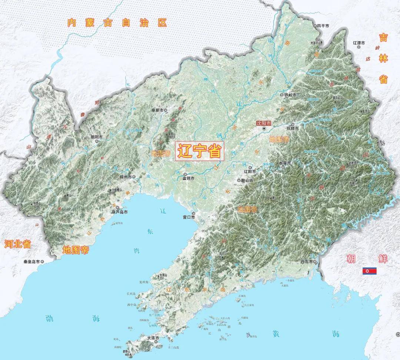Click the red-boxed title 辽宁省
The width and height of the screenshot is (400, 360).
coord(200,151)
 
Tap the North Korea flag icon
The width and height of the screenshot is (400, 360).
coord(369,271)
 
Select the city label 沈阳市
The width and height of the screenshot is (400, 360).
coord(264,123)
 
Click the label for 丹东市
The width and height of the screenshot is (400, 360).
coord(307,262)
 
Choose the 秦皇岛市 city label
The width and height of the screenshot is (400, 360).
coord(31,261)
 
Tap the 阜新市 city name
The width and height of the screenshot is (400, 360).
coord(157,110)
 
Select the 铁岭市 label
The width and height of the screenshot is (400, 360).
coord(290,95)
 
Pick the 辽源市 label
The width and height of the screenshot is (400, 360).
coord(359,43)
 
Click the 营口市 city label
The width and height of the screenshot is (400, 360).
coord(189,217)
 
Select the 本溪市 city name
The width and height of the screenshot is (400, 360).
coord(285,163)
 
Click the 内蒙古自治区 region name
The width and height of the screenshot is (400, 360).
coord(117,23)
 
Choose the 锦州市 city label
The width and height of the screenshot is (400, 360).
coord(126,177)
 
